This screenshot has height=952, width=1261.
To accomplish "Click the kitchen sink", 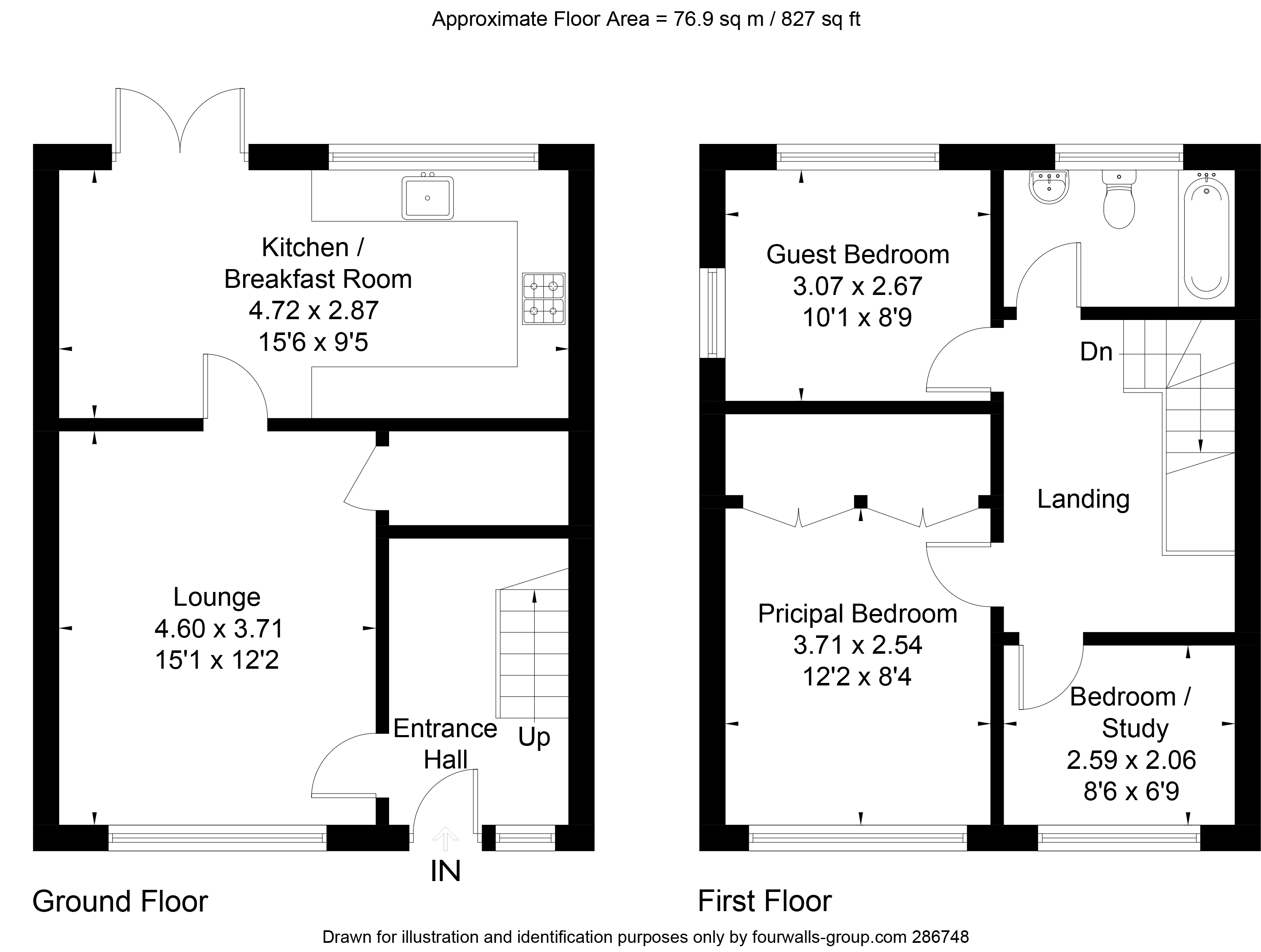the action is click(x=427, y=197).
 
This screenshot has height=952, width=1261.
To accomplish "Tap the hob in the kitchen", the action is click(x=544, y=299).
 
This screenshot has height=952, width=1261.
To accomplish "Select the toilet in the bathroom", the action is click(x=1119, y=199).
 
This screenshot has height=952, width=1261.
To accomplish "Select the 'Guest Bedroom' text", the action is click(x=857, y=254).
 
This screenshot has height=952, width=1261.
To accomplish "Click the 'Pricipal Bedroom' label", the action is click(x=857, y=614).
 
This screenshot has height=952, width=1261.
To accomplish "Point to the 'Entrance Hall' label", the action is click(x=445, y=744).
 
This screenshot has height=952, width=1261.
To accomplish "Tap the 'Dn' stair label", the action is click(x=1096, y=352).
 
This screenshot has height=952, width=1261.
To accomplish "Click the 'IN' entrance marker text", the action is click(x=445, y=871).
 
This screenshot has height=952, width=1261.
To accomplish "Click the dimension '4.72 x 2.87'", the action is click(x=314, y=311).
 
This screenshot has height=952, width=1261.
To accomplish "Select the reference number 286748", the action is click(x=941, y=937).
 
